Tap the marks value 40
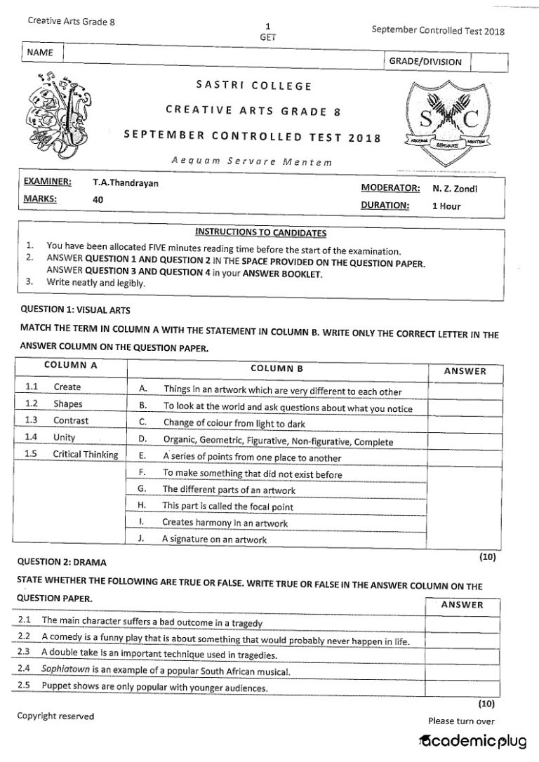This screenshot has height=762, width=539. tap(98, 199)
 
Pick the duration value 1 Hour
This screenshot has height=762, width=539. tap(446, 206)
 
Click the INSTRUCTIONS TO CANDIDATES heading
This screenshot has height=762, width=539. tap(260, 232)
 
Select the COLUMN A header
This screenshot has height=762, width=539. tap(70, 365)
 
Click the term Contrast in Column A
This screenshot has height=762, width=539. tap(71, 421)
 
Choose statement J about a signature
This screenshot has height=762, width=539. tap(214, 540)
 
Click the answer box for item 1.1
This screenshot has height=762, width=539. tap(464, 389)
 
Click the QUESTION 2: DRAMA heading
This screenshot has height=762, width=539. tap(63, 562)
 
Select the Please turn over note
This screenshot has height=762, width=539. tap(461, 721)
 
